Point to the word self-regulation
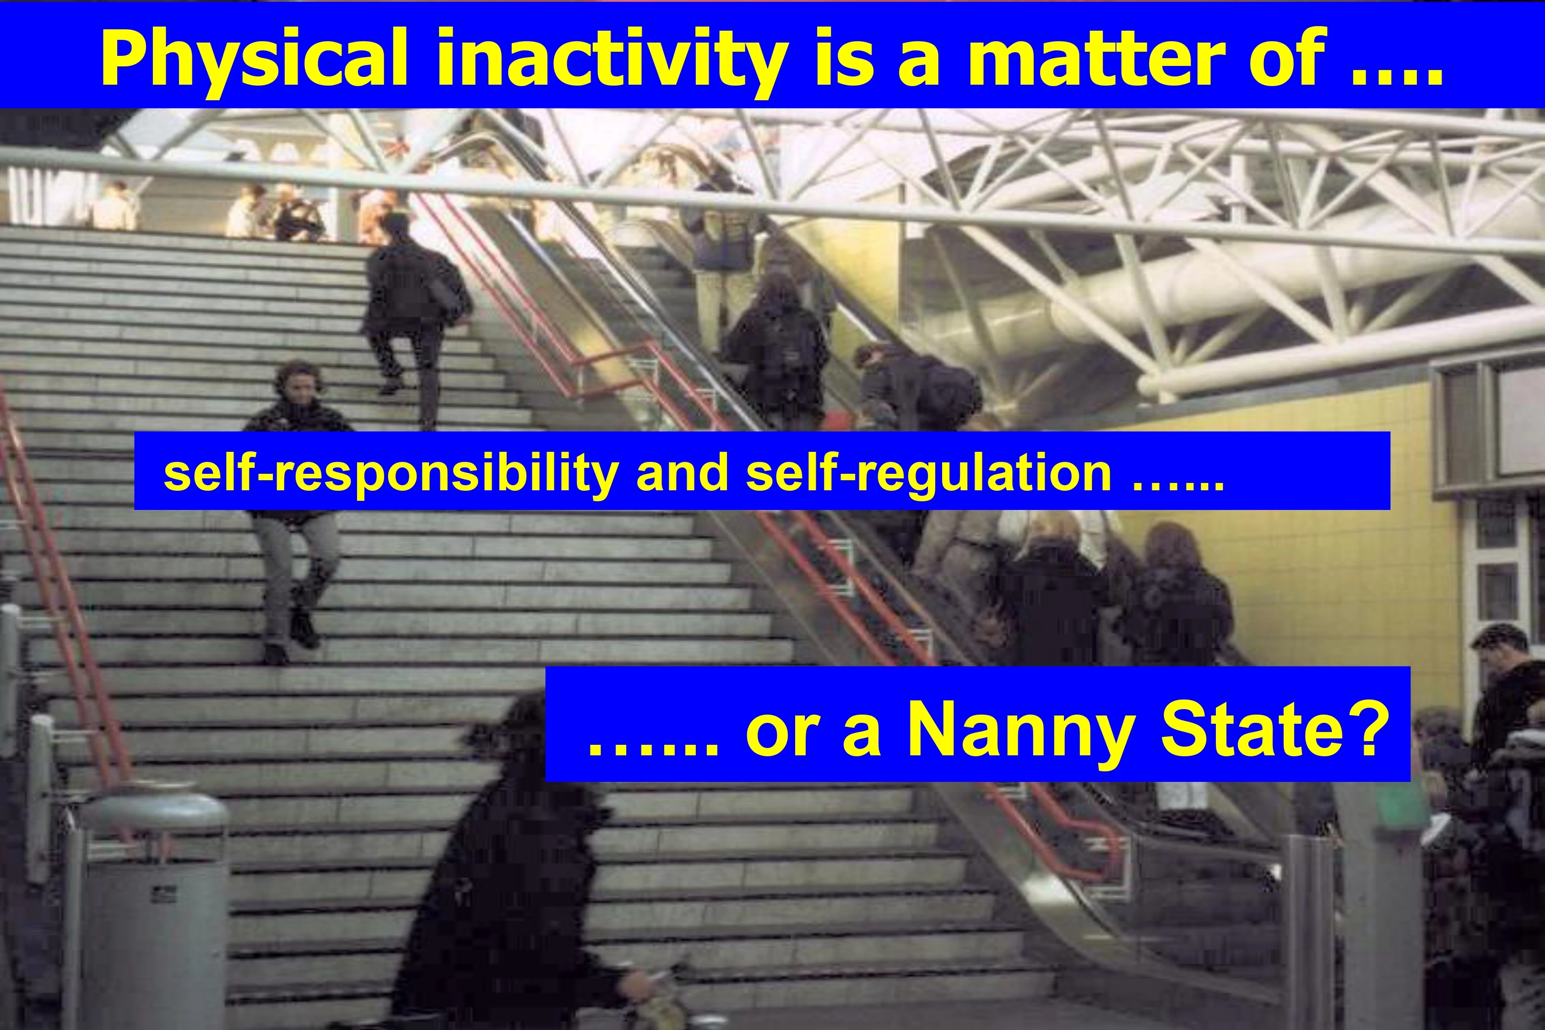pos(929,473)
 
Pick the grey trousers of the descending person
pos(296,578)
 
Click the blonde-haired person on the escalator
pos(1051,591)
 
